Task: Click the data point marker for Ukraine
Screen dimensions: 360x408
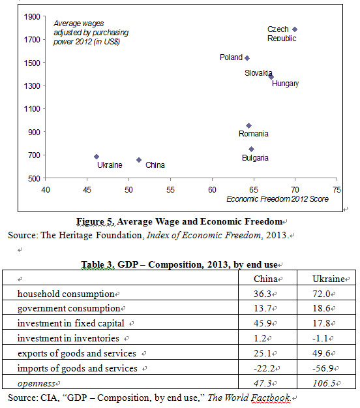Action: [x=97, y=157]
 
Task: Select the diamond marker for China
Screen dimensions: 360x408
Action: [x=139, y=160]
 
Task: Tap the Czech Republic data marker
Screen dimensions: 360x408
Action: [x=295, y=29]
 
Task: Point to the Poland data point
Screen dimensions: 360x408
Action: [x=247, y=58]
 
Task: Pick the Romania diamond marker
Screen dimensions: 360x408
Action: [x=248, y=126]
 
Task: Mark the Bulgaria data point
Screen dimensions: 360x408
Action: [x=251, y=149]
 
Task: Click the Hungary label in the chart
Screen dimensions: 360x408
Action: [x=286, y=84]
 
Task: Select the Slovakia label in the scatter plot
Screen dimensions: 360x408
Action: [x=258, y=73]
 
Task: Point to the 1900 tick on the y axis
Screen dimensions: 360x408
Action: [x=32, y=17]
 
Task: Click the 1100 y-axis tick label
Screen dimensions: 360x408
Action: [x=32, y=109]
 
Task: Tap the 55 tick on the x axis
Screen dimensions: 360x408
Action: [x=170, y=190]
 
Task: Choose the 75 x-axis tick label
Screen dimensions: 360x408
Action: [x=337, y=190]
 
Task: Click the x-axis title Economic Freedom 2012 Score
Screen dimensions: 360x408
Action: [x=277, y=199]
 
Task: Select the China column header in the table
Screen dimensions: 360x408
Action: [x=265, y=279]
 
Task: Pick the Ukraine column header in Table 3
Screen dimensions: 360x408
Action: [x=329, y=279]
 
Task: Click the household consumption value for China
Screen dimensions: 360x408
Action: [x=263, y=294]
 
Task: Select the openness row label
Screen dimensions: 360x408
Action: [x=37, y=384]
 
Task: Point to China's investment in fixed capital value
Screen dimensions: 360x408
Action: [x=263, y=323]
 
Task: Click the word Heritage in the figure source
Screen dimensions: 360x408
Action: [x=76, y=235]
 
